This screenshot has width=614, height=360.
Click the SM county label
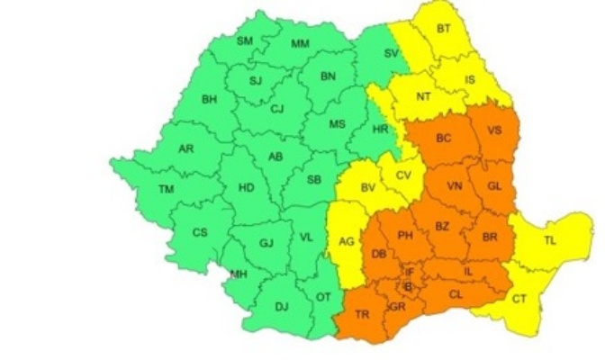pyautogui.click(x=244, y=40)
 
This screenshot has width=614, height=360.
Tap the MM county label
pyautogui.click(x=300, y=43)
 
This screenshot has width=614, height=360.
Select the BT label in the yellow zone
pyautogui.click(x=443, y=29)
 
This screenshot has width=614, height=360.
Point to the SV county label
pyautogui.click(x=391, y=54)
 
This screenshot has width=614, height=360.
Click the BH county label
pyautogui.click(x=210, y=99)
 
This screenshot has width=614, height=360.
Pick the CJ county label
pyautogui.click(x=277, y=109)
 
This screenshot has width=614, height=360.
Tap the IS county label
pyautogui.click(x=469, y=79)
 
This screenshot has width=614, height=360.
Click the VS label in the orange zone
pyautogui.click(x=494, y=130)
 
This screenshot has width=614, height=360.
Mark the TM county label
pyautogui.click(x=166, y=189)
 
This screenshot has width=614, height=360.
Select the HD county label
pyautogui.click(x=245, y=189)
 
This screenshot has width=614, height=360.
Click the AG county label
pyautogui.click(x=346, y=241)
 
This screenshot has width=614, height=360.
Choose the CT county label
pyautogui.click(x=519, y=299)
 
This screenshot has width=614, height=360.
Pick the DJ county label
pyautogui.click(x=282, y=307)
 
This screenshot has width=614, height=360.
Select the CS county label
pyautogui.click(x=200, y=232)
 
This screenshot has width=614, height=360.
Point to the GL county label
pyautogui.click(x=493, y=185)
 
